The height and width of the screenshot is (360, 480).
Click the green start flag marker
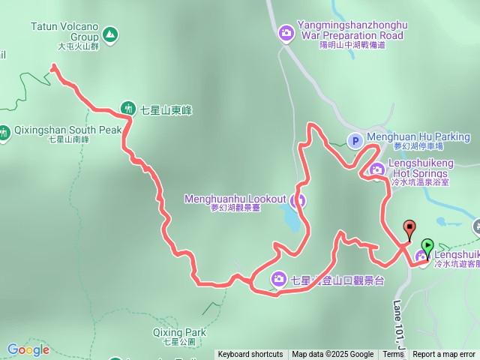pyautogui.click(x=427, y=245)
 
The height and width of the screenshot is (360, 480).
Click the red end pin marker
pyautogui.click(x=409, y=228)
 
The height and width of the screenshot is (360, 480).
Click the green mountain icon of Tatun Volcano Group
pyautogui.click(x=111, y=34)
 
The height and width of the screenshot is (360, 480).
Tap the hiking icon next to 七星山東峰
pyautogui.click(x=127, y=109)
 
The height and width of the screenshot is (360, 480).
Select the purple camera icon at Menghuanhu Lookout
pyautogui.click(x=298, y=199)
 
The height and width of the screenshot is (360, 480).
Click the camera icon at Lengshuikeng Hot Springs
pyautogui.click(x=376, y=168)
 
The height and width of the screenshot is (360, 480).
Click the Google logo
pyautogui.click(x=28, y=349)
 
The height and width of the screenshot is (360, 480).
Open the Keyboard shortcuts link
pyautogui.click(x=250, y=355)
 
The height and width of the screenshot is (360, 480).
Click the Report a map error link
pyautogui.click(x=444, y=355)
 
